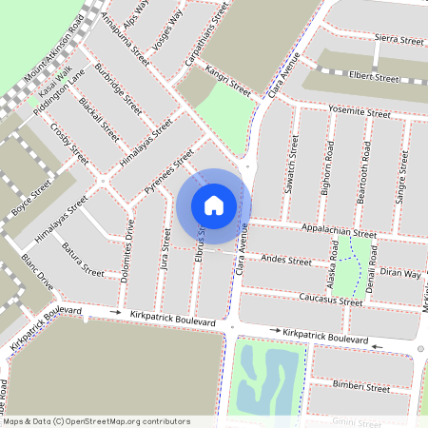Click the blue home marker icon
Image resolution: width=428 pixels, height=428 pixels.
pos(214,205)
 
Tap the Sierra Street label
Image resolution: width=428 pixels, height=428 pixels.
pos(399,41)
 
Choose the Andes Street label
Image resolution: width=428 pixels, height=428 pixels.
pos(285,259)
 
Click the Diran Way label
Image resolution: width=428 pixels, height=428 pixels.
pos(399,273)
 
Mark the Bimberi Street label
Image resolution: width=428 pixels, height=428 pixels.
pos(361,387)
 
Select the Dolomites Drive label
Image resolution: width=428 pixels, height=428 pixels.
pos(129,252)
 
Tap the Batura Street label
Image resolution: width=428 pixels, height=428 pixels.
pos(82,260)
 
